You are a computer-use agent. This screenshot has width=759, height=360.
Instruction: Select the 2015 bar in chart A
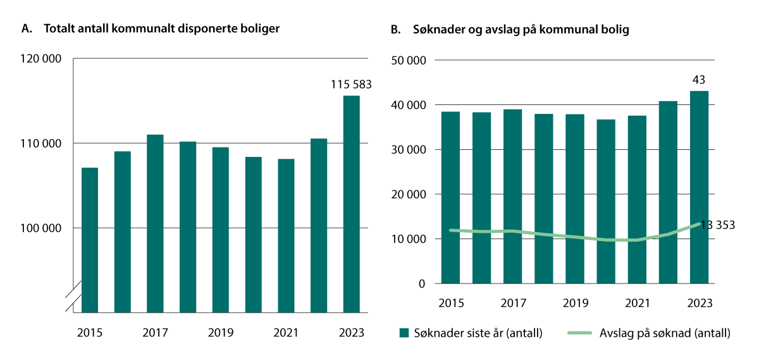[x=90, y=240]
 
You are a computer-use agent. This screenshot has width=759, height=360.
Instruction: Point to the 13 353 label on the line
[x=717, y=225]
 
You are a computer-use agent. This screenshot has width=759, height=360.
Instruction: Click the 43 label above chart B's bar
[x=699, y=80]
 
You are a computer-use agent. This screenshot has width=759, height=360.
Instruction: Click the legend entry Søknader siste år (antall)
[x=471, y=333]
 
